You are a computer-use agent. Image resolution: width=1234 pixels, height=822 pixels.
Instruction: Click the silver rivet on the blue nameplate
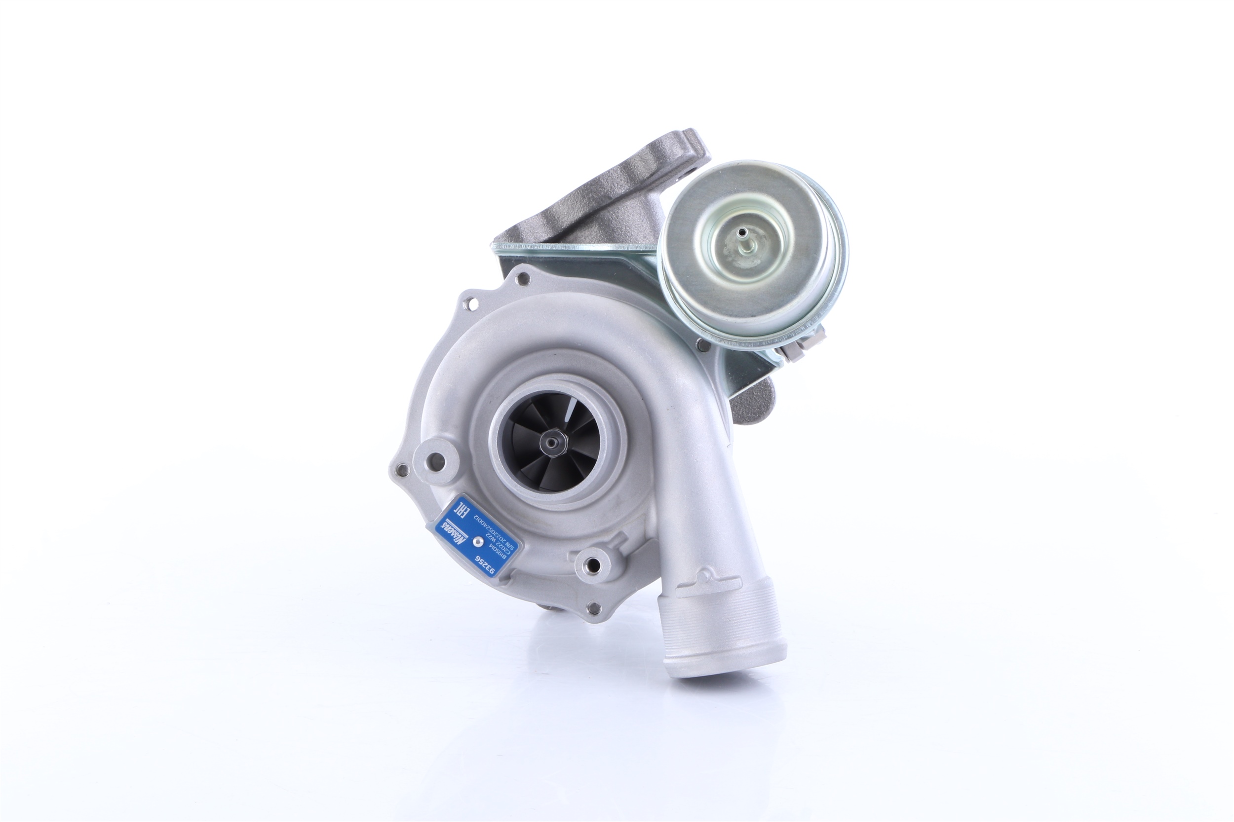pos(477,541)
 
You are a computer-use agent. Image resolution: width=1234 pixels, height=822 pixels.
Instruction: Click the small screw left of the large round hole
pos(402,469)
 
